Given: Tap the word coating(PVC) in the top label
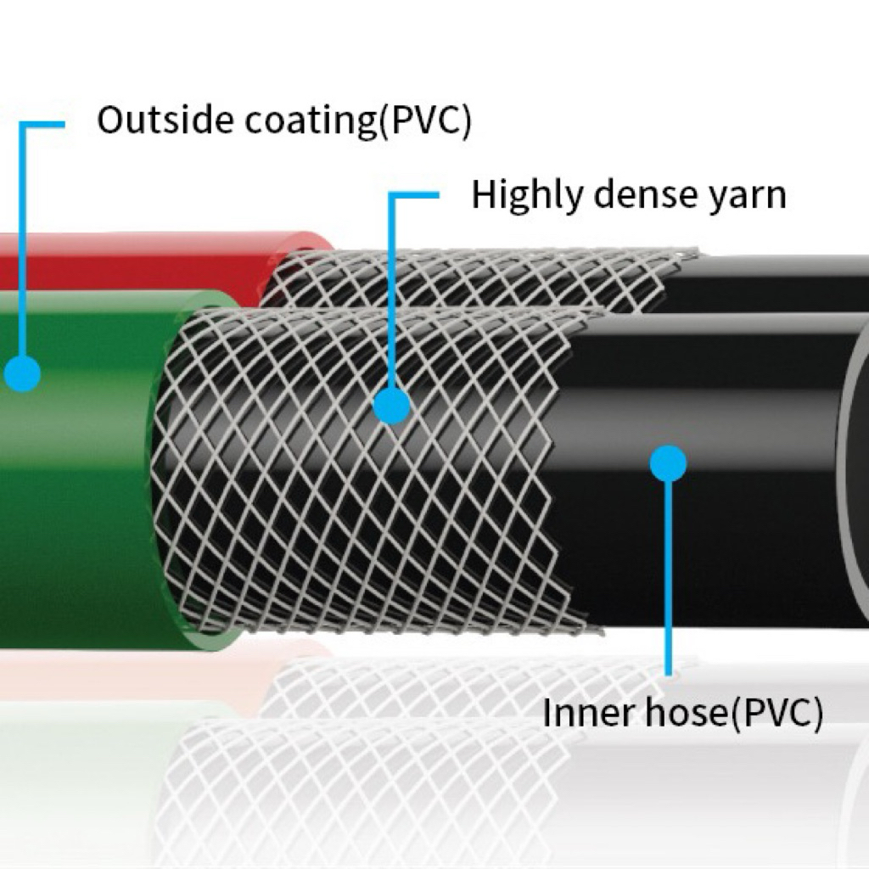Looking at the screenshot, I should (357, 121).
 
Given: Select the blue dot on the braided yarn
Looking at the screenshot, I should (392, 406).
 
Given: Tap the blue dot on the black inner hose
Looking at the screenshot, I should (669, 463).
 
